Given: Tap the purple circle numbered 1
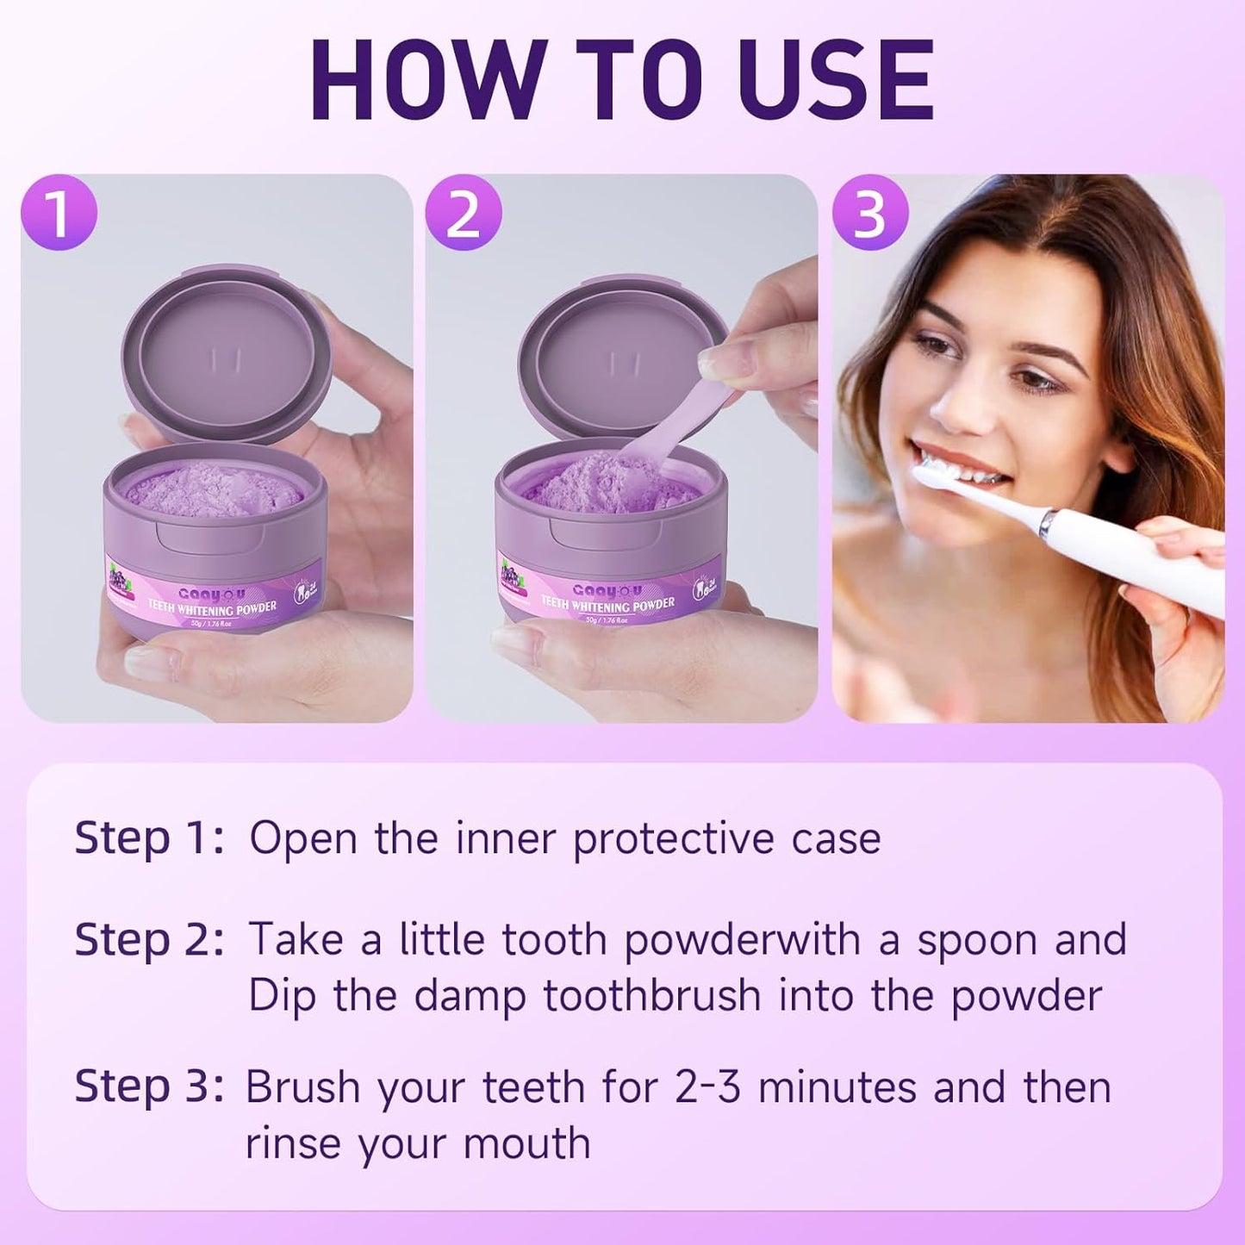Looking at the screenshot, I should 59,213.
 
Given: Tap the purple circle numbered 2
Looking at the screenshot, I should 464,213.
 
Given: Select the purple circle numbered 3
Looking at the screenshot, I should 869,213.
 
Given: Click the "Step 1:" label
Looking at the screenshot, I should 149,838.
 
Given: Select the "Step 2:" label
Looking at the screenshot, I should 149,939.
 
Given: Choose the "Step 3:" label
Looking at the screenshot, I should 149,1086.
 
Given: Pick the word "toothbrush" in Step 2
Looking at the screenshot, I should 652,997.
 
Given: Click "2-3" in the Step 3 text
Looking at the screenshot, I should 707,1087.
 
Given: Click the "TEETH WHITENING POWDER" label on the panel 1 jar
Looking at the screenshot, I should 212,608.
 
